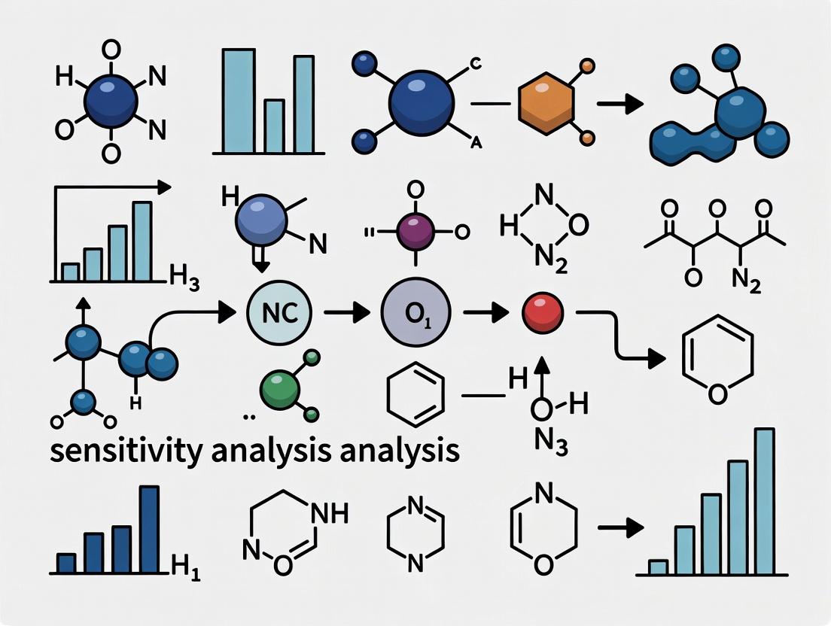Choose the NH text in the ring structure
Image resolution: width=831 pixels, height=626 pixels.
coord(328,515)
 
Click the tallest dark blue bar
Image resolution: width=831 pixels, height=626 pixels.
coord(149,530)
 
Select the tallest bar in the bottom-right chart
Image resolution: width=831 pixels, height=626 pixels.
coord(764,501)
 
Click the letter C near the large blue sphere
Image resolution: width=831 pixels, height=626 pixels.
coord(476,63)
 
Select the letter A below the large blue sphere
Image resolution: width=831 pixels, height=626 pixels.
coord(476,143)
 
